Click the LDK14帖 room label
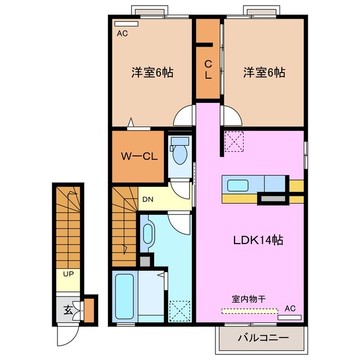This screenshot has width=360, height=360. coord(258,240)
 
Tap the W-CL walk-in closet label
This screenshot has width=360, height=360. coord(139,156)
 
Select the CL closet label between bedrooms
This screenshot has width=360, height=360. coord(208,70)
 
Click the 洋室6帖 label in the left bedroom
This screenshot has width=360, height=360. coord(152,73)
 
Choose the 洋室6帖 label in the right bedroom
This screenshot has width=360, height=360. coord(264,73)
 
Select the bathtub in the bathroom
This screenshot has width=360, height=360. coord(122,296)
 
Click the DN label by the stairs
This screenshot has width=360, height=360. coord(147,199)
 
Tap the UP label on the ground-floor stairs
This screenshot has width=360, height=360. coord(68,274)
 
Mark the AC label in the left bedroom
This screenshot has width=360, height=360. coord(122,34)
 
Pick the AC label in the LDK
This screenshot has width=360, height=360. coord(290,308)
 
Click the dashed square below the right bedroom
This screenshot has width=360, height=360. coord(235,142)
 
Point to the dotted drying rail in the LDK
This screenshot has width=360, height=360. coord(250,310)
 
